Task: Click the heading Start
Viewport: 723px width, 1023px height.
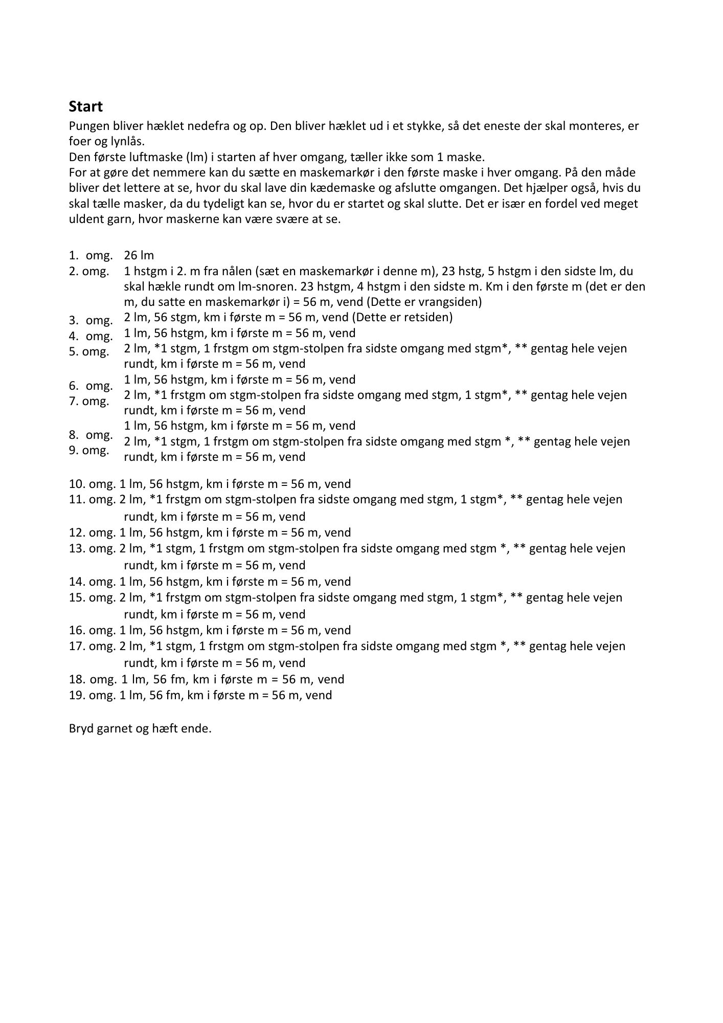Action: [x=86, y=106]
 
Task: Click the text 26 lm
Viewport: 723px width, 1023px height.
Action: [x=139, y=255]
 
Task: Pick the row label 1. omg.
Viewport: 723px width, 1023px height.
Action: [x=91, y=255]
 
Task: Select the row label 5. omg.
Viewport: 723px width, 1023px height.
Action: [x=89, y=352]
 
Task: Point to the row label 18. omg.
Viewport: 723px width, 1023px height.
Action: [x=93, y=679]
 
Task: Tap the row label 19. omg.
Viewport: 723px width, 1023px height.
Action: [x=93, y=695]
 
